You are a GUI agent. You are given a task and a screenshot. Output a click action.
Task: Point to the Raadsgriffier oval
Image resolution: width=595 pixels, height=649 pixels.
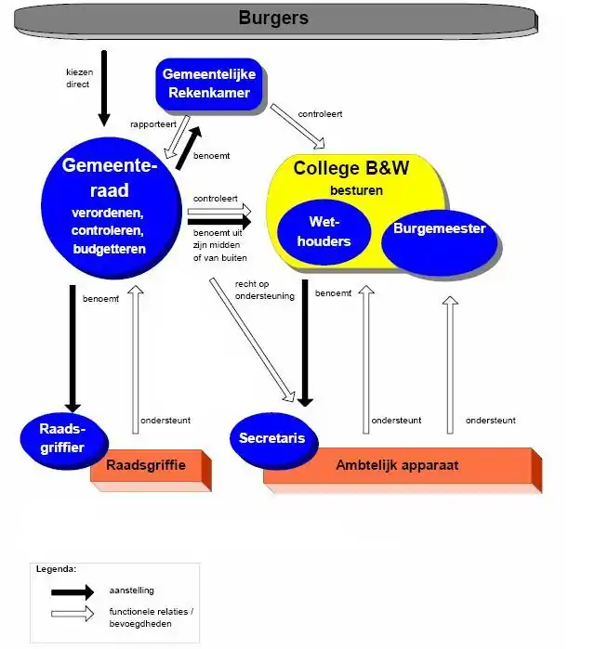(62, 437)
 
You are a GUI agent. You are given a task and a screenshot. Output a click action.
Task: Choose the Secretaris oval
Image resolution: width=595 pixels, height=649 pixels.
(271, 438)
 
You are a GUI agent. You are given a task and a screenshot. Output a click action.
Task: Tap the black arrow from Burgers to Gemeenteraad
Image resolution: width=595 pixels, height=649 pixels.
(103, 88)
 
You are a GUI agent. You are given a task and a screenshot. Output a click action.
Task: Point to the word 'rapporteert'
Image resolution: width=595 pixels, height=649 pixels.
(152, 123)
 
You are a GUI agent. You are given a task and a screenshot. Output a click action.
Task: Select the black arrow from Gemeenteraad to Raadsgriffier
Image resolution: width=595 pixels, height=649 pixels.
(73, 348)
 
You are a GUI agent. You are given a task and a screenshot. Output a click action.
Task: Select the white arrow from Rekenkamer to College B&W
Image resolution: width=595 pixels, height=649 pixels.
(297, 126)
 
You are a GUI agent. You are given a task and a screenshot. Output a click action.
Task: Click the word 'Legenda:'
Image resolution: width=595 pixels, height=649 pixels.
(56, 568)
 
